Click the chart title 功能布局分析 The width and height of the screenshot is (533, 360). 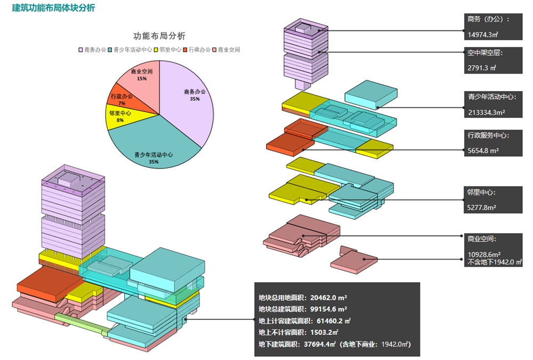pos(159,36)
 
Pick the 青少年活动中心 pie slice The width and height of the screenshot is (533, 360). pos(155,147)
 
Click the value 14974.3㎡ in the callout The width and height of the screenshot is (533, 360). pos(483,35)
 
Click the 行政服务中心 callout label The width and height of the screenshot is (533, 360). pos(488,135)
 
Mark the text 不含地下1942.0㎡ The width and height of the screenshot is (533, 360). pos(495,262)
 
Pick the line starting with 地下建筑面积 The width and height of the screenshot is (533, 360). pos(334,344)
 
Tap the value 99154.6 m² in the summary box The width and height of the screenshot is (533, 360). pos(329,309)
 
